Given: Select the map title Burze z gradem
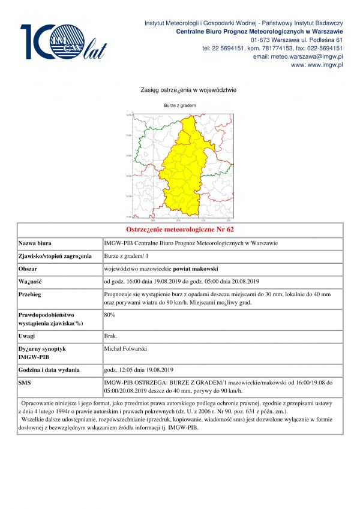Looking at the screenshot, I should click(180, 106).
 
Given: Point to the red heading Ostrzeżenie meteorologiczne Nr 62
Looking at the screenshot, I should click(180, 230).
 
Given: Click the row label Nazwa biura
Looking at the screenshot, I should click(35, 243).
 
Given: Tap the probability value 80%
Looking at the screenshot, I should click(110, 314).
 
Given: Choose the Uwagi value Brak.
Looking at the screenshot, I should click(111, 336).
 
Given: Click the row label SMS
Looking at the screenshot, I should click(25, 381).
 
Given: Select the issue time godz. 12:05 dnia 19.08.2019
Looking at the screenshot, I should click(139, 369).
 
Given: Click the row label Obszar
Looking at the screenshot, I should click(29, 269).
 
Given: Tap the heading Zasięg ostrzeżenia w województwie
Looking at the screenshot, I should click(180, 91).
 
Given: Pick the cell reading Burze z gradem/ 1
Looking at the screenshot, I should click(127, 256).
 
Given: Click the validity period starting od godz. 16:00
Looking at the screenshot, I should click(181, 281).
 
